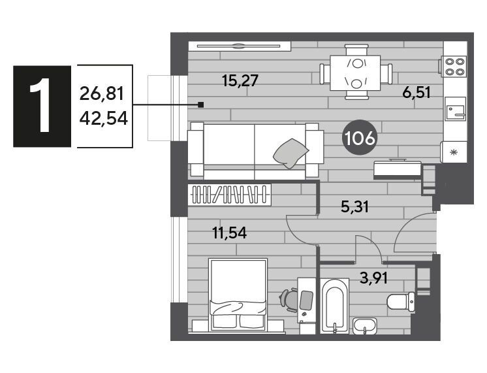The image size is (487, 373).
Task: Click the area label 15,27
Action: (x=240, y=80)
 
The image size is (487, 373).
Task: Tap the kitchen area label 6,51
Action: (x=416, y=92)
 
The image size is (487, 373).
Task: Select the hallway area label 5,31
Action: (x=354, y=206)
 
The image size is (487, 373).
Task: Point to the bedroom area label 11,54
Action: (x=230, y=233)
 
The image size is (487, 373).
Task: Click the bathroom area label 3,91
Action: (x=373, y=278)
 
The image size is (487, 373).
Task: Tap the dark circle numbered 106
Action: (x=360, y=138)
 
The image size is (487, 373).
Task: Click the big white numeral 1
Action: (x=40, y=105)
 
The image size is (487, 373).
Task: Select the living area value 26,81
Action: (x=102, y=93)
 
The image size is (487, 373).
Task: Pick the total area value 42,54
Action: (x=103, y=118)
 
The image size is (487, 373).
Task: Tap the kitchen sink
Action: (x=455, y=109)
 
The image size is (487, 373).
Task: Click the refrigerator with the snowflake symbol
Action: (x=454, y=152)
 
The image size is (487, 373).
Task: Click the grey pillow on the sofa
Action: (x=291, y=154)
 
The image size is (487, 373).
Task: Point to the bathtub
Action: (x=334, y=306)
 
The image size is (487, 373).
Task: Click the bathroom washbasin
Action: (x=365, y=326)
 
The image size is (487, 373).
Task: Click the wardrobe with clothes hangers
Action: (x=230, y=195)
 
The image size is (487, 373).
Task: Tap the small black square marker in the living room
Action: (x=201, y=105)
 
